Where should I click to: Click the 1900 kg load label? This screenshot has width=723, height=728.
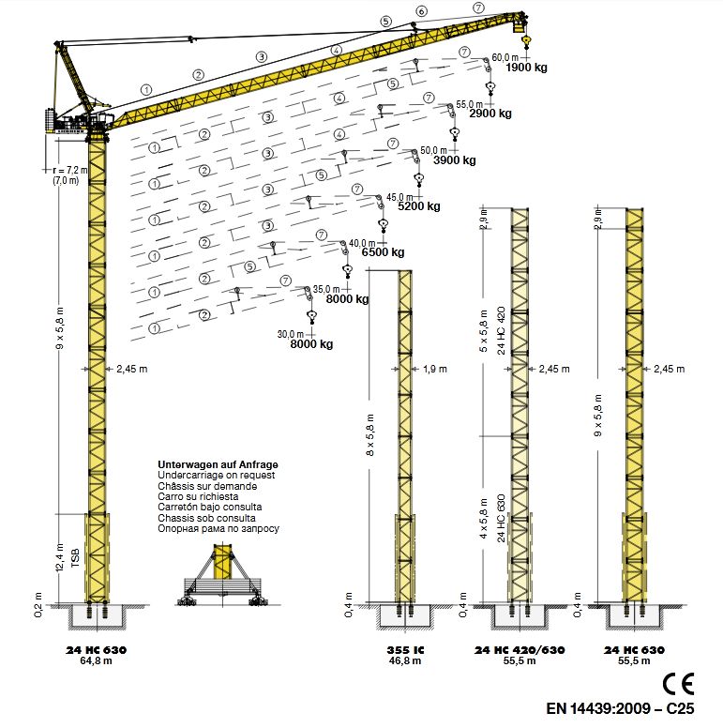(526, 68)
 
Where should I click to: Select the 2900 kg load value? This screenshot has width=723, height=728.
(490, 114)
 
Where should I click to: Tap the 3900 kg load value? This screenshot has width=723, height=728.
(455, 160)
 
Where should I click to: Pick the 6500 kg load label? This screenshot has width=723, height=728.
(383, 252)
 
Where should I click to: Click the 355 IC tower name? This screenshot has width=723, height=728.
(406, 650)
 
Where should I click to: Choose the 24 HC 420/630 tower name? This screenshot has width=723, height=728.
(512, 650)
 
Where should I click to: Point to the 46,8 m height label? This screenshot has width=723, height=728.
(406, 661)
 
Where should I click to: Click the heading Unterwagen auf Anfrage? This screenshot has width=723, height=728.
(218, 465)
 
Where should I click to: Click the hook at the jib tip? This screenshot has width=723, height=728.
(526, 42)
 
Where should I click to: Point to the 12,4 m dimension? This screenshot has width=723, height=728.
(61, 559)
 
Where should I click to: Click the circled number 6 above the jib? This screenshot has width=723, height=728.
(421, 11)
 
